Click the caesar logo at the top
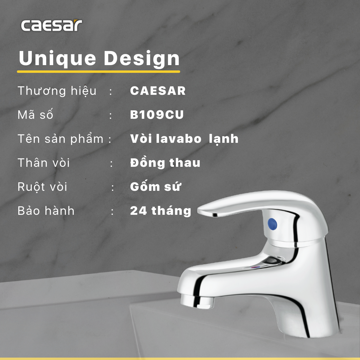pos(51,25)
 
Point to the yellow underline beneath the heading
pos(98,72)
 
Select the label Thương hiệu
pos(57,91)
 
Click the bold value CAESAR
pos(158,91)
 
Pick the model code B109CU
pos(157,115)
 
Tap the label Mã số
pos(35,115)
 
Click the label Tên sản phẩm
pos(60,139)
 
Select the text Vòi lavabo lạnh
pos(184,139)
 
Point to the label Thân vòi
pos(44,163)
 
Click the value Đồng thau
pos(165,163)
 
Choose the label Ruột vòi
pos(42,187)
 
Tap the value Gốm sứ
pos(155,187)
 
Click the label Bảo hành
pos(46,211)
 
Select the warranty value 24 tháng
pos(160,211)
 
